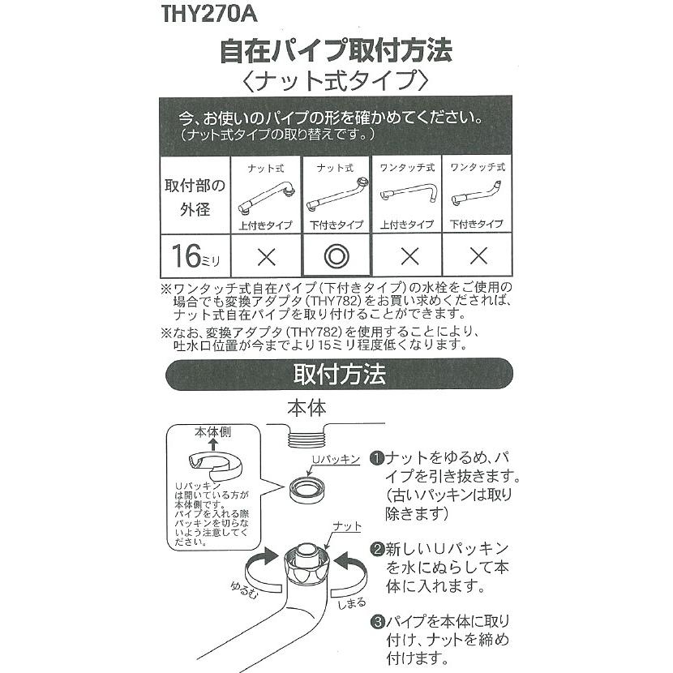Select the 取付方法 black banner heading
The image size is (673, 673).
click(338, 375)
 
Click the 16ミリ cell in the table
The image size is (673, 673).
click(195, 257)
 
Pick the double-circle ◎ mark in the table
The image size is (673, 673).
click(335, 257)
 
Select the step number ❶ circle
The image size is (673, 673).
click(377, 457)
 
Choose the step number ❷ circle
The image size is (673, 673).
click(377, 549)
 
